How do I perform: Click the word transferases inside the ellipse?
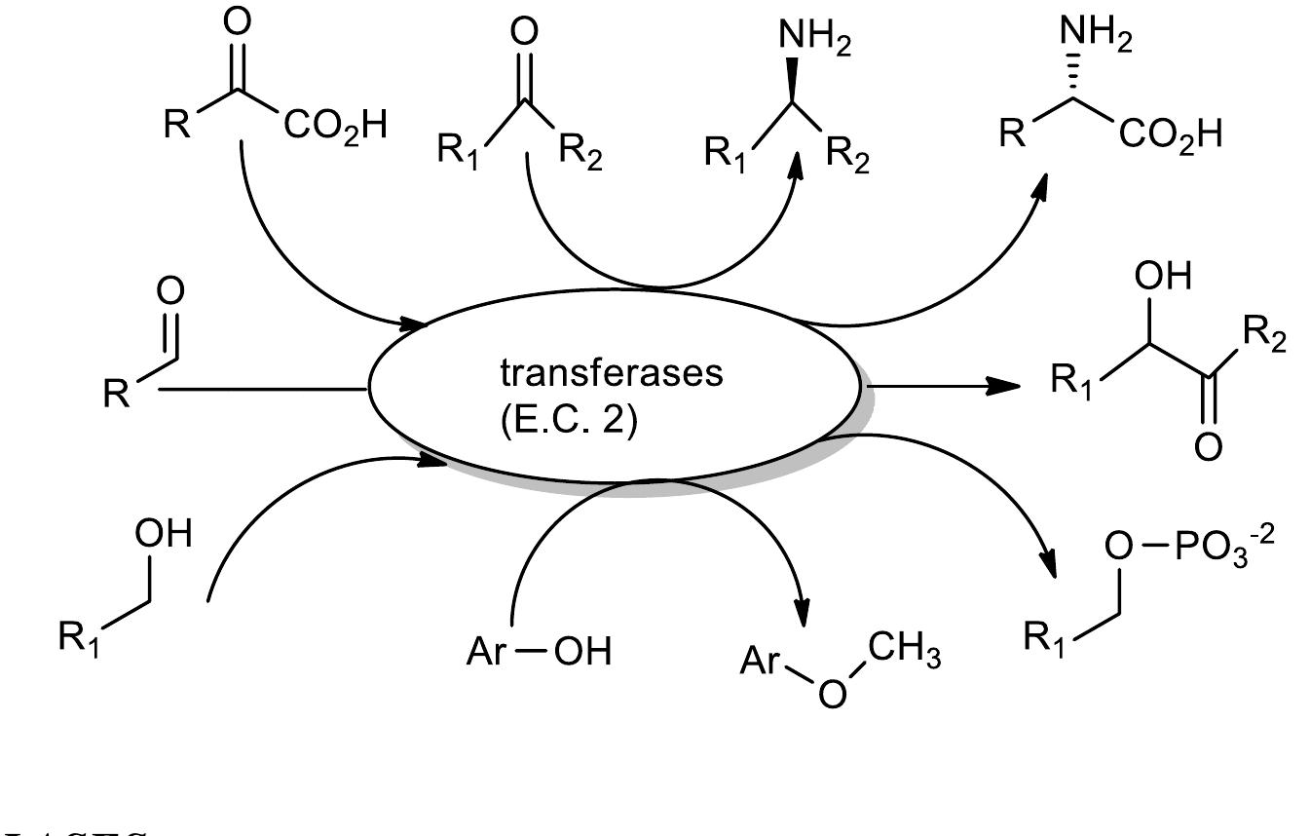tap(612, 374)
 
